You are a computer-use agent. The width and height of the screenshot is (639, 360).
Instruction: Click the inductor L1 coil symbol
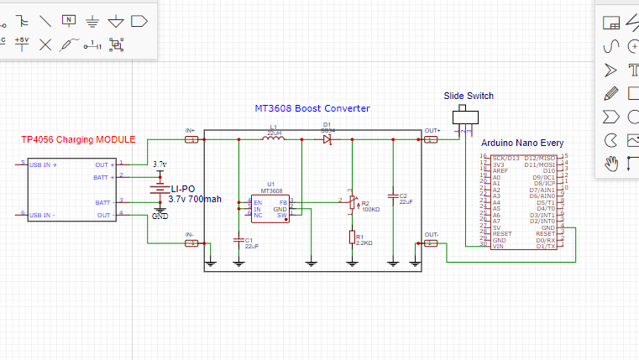(273, 139)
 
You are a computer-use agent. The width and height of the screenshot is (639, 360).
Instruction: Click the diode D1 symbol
(328, 140)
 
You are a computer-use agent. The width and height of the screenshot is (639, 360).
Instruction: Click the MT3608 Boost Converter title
(312, 109)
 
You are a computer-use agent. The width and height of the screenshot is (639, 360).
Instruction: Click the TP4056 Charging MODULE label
(77, 139)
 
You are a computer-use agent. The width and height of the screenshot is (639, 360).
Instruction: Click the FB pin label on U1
(283, 202)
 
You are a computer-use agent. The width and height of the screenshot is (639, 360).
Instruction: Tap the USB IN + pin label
(44, 164)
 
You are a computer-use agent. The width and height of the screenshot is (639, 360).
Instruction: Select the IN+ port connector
(191, 139)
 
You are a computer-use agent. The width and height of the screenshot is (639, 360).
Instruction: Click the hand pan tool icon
(611, 163)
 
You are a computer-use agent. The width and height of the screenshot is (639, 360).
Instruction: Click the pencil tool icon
(611, 92)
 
